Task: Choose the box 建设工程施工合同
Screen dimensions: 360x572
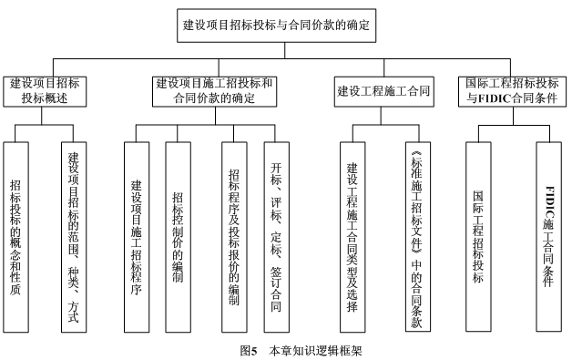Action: [x=380, y=91]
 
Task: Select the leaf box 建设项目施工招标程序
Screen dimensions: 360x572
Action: [x=137, y=234]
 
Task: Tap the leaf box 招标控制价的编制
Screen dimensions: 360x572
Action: [x=178, y=234]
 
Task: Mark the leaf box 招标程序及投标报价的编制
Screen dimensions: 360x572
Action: [x=235, y=234]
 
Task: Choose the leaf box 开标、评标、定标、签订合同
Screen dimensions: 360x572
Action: [x=277, y=234]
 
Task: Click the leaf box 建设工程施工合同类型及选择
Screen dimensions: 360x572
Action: [x=353, y=234]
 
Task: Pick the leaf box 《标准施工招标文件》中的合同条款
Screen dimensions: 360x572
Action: [x=418, y=234]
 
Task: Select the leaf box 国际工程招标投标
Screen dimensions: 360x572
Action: [x=479, y=234]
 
